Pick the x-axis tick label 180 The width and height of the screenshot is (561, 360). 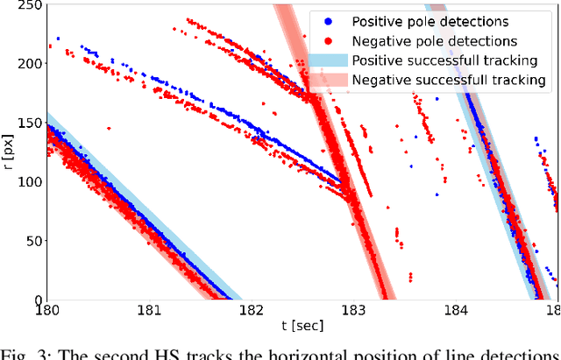click(x=46, y=310)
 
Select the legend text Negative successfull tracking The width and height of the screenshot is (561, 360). click(x=449, y=80)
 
